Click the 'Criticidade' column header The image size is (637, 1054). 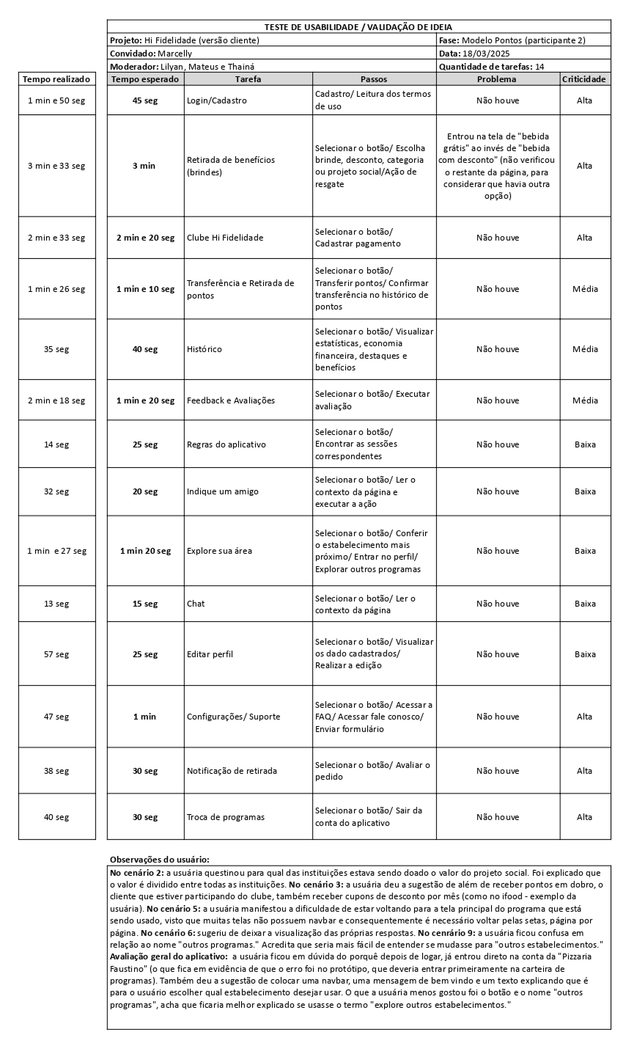pos(584,78)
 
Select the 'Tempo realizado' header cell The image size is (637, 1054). pos(56,78)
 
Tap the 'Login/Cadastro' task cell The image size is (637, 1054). pos(217,100)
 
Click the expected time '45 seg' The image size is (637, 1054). pos(144,100)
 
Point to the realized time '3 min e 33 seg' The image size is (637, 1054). pos(56,166)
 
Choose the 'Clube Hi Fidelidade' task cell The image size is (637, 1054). pos(225,238)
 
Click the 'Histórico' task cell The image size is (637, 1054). pos(205,349)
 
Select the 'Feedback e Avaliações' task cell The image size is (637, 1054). pos(231,400)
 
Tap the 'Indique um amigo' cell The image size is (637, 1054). pos(223,491)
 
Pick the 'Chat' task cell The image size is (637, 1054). pos(196,604)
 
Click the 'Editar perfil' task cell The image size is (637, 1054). pos(210,654)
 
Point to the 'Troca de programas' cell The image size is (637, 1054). pos(226,817)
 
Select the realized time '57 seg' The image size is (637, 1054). pos(56,654)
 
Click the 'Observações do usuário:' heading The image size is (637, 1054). pos(159,859)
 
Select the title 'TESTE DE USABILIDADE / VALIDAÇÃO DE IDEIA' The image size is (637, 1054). pos(358,27)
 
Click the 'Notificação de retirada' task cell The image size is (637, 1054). pos(232,771)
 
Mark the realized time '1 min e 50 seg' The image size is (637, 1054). pos(56,100)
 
